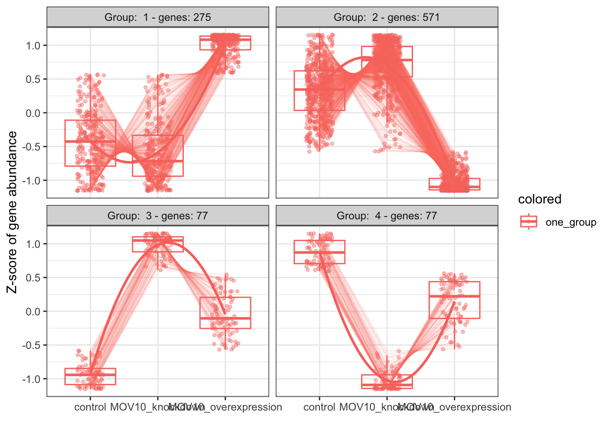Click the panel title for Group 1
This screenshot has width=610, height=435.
(157, 18)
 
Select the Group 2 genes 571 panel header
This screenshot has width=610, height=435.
(387, 18)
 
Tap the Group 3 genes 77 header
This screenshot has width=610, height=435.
(157, 216)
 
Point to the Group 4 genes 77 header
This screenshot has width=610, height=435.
(387, 216)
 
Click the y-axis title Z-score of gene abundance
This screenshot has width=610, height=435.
(12, 212)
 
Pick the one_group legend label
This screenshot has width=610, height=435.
(571, 222)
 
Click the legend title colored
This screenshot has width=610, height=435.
(540, 199)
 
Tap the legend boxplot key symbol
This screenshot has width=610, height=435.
(528, 222)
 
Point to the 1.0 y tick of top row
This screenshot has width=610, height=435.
(34, 45)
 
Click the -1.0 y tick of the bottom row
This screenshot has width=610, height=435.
(32, 379)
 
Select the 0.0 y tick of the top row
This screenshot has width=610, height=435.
(34, 113)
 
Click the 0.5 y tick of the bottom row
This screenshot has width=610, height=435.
(34, 277)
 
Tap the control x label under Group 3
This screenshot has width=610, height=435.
(90, 407)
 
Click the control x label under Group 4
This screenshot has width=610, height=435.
(319, 407)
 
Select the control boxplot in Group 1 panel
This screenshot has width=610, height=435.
(90, 143)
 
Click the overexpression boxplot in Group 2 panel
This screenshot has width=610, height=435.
(454, 184)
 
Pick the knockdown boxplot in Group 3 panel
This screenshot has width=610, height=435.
(158, 244)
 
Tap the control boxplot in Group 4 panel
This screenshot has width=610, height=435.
(319, 252)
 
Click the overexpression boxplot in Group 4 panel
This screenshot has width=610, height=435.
(454, 300)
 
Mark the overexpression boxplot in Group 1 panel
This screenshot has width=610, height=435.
(225, 43)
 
